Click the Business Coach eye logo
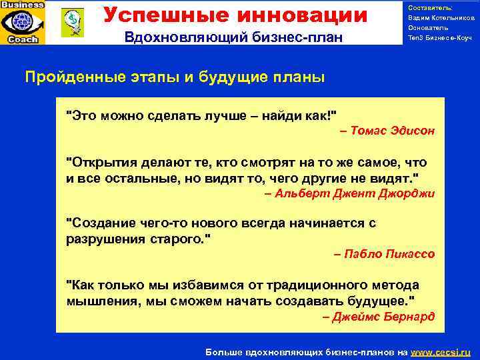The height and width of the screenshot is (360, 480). (x=23, y=23)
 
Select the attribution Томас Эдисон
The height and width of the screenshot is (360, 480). (x=391, y=131)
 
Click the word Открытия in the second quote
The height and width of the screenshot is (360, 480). (x=99, y=163)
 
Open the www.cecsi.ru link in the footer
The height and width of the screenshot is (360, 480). (x=441, y=351)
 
